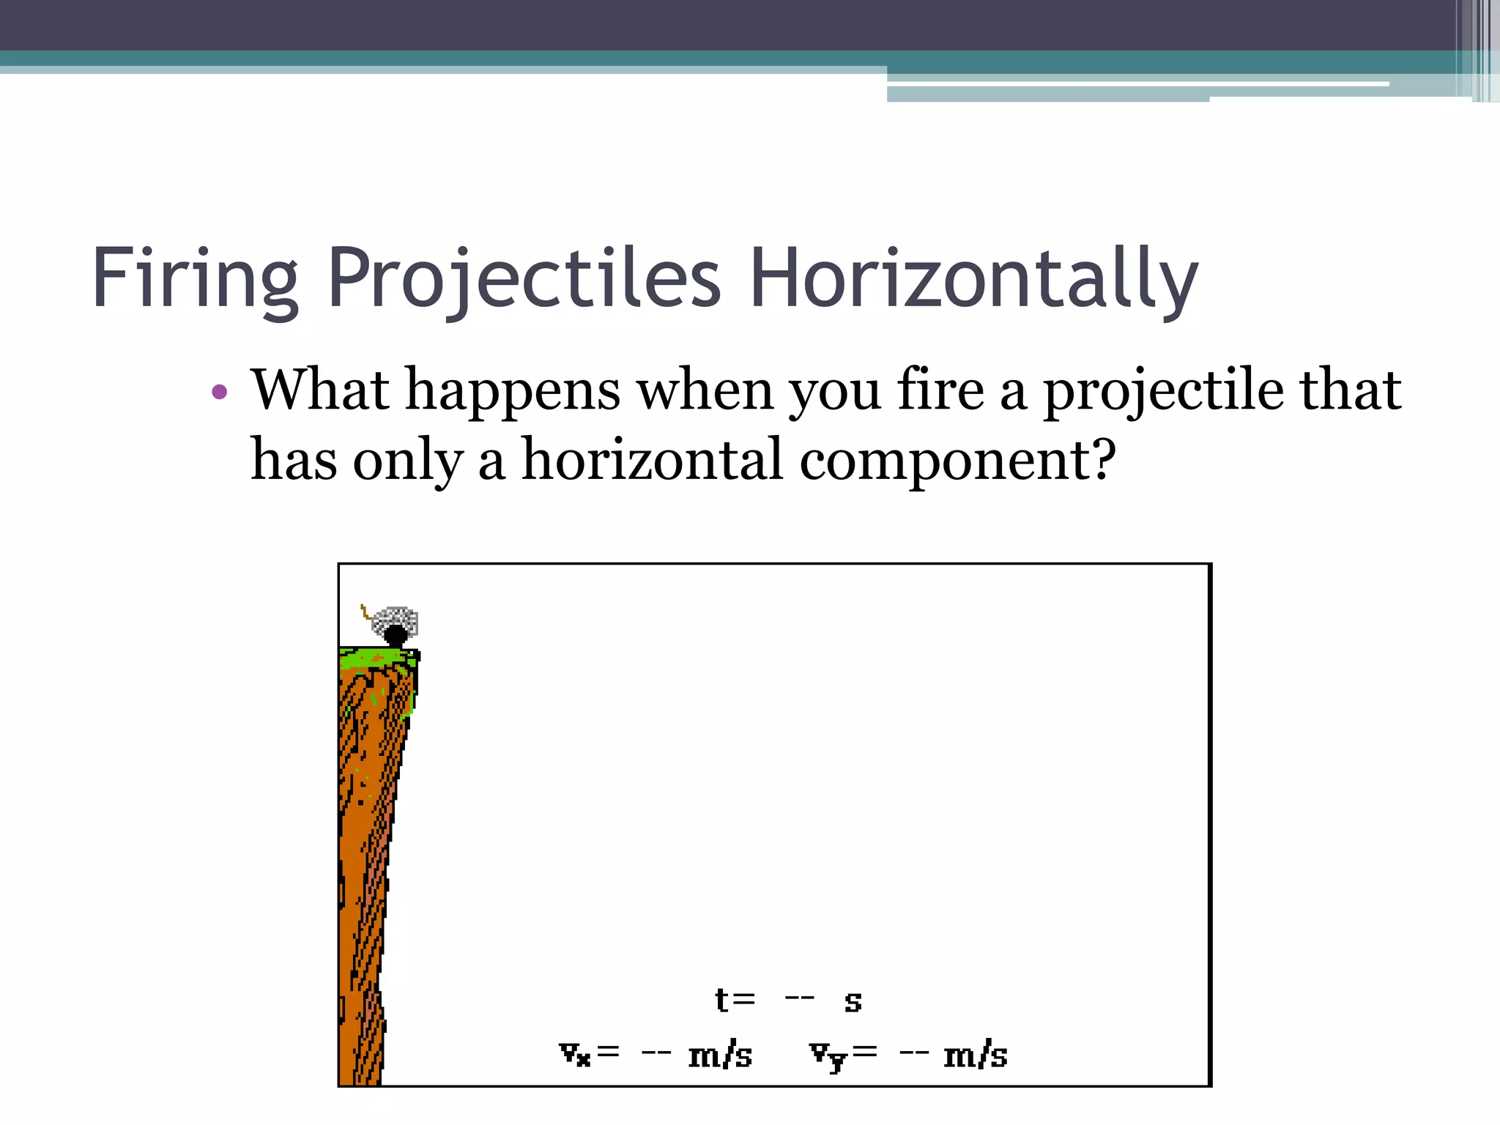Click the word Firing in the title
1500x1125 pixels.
(195, 279)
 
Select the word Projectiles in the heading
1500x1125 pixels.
(524, 279)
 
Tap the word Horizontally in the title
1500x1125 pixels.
(974, 279)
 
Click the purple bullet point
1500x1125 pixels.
(219, 393)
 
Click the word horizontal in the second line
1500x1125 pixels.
(652, 460)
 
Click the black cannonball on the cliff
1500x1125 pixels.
(396, 635)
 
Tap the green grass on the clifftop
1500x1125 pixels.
(377, 657)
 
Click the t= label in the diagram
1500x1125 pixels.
(735, 1000)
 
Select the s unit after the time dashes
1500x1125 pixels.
(853, 1002)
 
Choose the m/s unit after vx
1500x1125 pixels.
(720, 1055)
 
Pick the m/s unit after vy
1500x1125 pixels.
(975, 1055)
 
